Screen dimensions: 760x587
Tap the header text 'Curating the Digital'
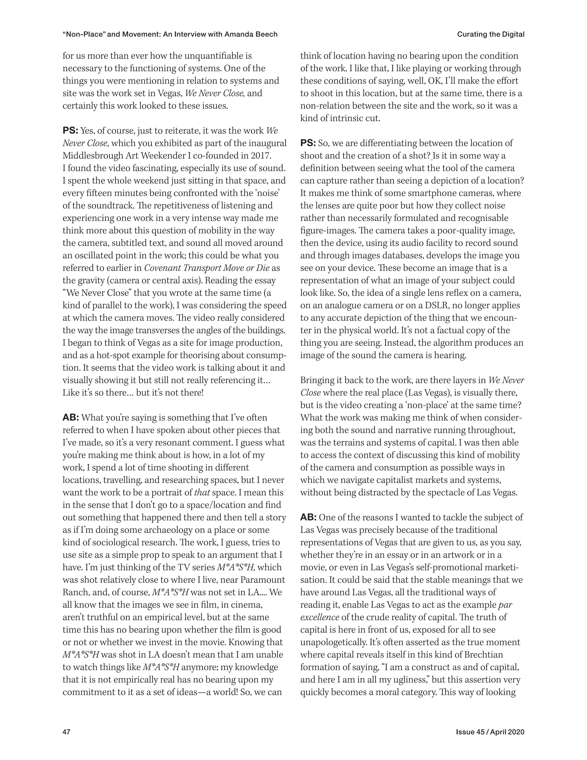point(490,34)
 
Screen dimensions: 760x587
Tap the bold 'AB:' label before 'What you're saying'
point(71,418)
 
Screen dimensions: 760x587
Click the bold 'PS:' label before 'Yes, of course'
point(70,131)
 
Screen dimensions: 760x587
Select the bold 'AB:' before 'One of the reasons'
point(308,517)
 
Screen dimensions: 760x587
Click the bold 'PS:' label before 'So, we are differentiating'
point(308,143)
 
